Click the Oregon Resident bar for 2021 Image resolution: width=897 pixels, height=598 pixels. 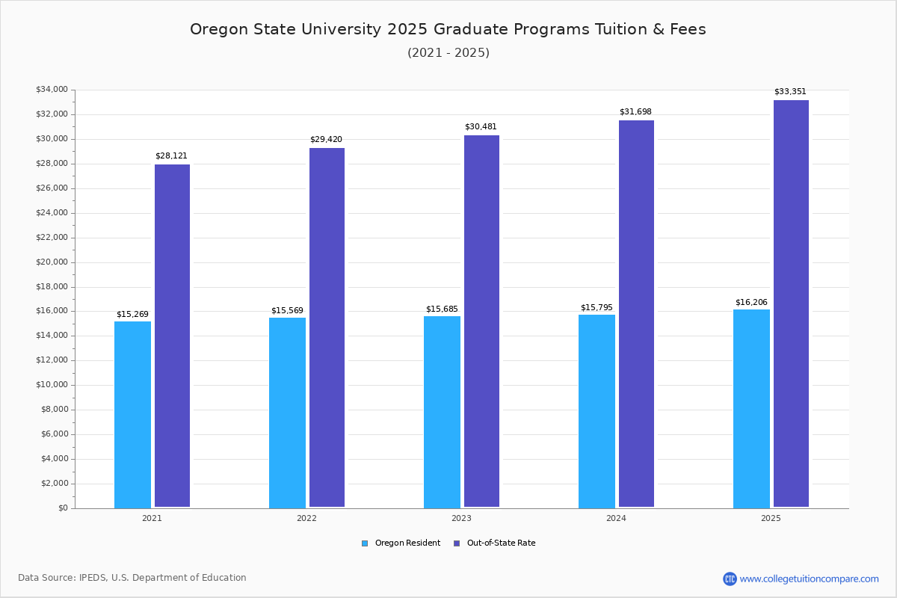point(132,415)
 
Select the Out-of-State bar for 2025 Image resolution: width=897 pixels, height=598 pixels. point(791,303)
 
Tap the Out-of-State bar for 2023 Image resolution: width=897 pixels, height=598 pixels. point(481,321)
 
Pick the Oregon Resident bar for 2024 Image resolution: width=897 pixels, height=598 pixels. point(597,411)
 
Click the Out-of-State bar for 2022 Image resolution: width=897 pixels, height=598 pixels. point(327,327)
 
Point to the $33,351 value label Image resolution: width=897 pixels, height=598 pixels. point(790,92)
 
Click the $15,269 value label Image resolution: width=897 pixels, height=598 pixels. point(132,315)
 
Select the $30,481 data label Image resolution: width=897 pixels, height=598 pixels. point(481,127)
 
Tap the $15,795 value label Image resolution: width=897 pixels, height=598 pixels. point(597,308)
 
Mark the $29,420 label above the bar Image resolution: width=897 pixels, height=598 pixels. point(326,140)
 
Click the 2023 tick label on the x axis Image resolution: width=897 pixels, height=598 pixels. point(461,518)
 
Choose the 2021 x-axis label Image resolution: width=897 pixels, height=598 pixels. point(152,518)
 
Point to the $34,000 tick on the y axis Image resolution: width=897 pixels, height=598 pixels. point(52,90)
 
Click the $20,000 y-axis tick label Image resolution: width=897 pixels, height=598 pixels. point(52,262)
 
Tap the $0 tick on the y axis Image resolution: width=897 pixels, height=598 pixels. point(62,508)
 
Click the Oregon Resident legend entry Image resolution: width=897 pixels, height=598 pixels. point(401,543)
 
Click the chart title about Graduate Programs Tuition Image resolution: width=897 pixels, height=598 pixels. point(448,29)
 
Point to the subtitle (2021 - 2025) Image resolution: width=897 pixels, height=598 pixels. point(448,53)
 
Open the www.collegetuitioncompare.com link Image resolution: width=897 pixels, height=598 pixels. point(808,579)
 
